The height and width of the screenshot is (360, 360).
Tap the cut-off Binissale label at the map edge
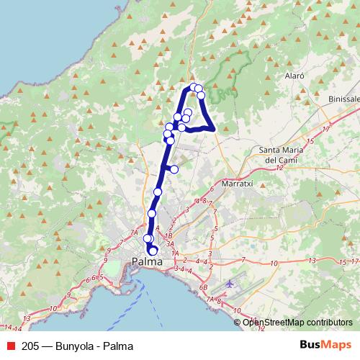tap(343, 99)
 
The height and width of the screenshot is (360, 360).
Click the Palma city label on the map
tap(147, 264)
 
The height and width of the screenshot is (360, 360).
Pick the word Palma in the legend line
tap(118, 346)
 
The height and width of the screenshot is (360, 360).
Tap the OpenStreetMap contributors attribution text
tap(297, 323)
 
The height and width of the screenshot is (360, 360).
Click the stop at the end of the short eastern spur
tap(174, 169)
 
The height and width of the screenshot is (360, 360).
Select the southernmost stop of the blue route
tap(153, 251)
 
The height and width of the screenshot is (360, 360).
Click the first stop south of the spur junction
tap(158, 192)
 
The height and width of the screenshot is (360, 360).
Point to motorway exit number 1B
tap(168, 236)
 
